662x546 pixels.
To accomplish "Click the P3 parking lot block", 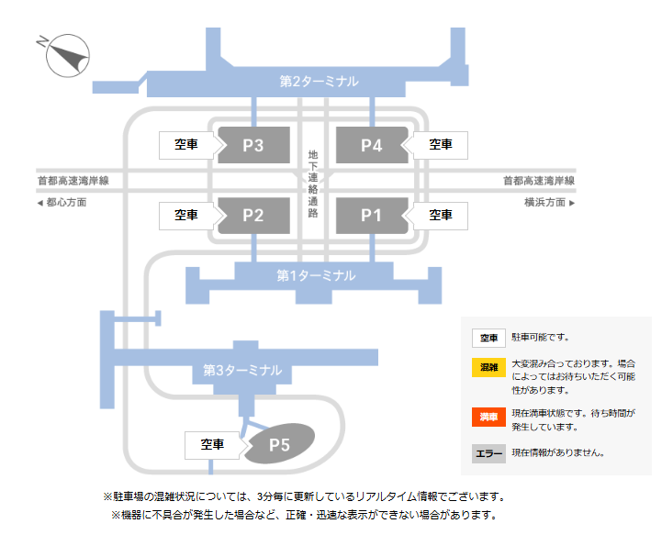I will point(253,145).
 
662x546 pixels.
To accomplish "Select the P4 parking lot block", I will point(371,145).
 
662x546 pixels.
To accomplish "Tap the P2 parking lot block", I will point(253,216).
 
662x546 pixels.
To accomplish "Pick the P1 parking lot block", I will point(371,216).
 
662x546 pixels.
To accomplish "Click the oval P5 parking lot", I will point(279,445).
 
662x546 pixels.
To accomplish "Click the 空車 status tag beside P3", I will point(186,145).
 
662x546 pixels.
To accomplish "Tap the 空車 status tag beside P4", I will point(442,145).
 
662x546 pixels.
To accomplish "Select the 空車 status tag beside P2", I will point(186,216).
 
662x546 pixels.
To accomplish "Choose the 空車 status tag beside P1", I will point(442,216).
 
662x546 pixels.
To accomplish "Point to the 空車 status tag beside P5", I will point(212,445).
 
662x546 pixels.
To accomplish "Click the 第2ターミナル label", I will point(320,82).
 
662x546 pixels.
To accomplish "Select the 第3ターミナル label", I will point(242,371).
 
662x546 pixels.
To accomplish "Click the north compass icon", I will point(67,56).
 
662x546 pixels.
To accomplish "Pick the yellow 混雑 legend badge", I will point(488,367).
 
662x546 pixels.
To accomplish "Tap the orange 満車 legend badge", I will point(488,418).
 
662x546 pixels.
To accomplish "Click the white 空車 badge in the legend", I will point(488,339).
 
